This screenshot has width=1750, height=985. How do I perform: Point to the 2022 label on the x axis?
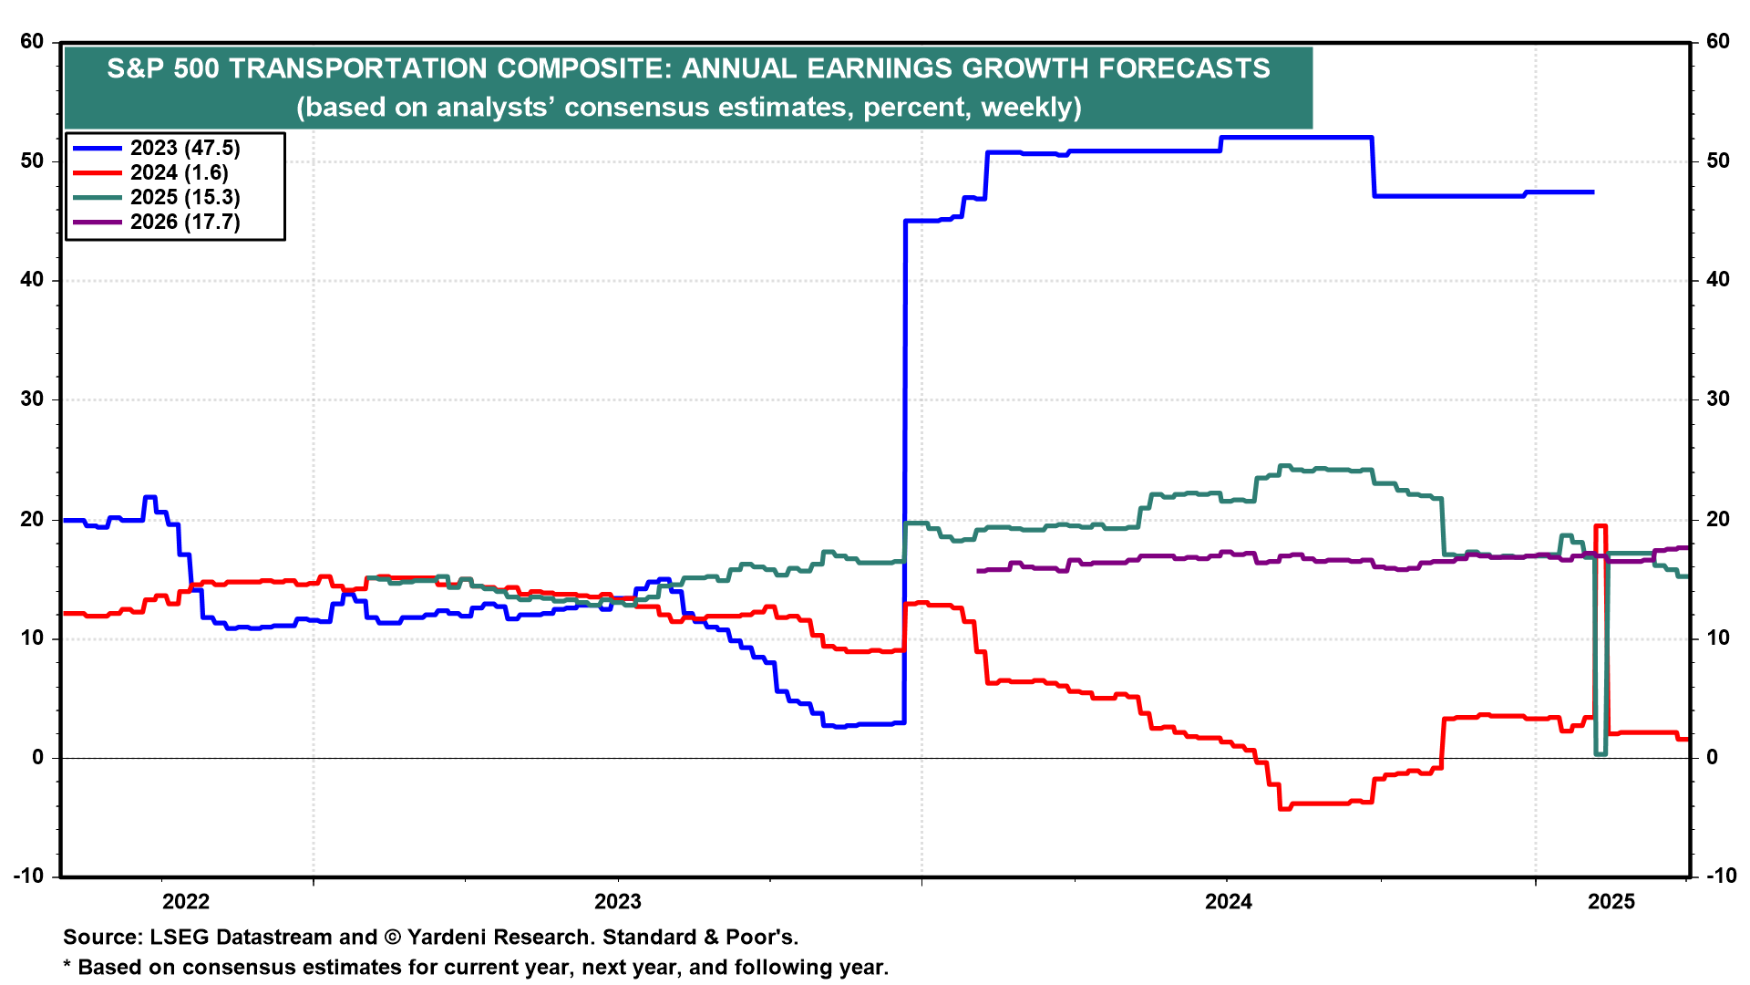tap(186, 902)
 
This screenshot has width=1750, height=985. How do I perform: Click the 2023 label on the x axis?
tap(618, 902)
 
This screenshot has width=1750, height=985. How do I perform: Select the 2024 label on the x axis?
tap(1229, 902)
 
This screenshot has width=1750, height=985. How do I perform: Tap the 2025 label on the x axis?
tap(1611, 902)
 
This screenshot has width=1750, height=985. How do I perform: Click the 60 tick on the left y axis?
tap(32, 41)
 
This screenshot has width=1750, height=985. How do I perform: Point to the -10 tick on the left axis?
tap(28, 876)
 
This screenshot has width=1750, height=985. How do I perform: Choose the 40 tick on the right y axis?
tap(1717, 280)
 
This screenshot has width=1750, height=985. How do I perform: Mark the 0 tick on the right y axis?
tap(1712, 757)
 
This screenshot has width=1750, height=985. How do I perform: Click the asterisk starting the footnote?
tap(67, 967)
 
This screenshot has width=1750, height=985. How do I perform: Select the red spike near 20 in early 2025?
tap(1600, 526)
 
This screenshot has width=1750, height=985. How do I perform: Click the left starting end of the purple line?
tap(978, 571)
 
